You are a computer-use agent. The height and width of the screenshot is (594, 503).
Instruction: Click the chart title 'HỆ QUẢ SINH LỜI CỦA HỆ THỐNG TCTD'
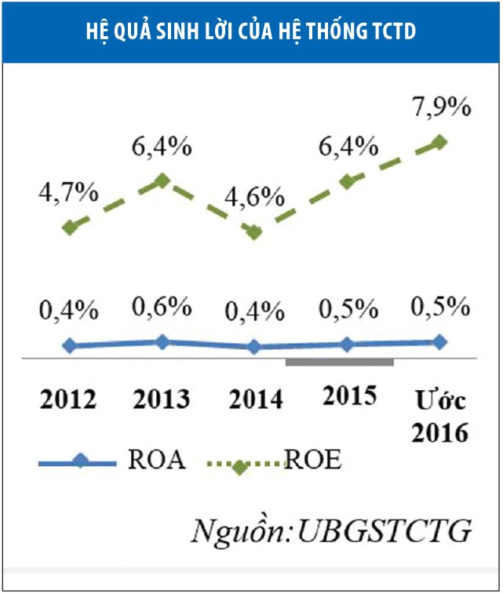point(251,31)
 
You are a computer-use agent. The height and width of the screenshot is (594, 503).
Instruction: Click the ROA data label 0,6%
point(162,305)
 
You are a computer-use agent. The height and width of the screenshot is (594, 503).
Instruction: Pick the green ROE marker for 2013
point(162,180)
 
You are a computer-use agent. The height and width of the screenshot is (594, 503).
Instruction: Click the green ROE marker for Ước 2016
point(439,142)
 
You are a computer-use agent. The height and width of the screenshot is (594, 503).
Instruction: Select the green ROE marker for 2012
point(70,228)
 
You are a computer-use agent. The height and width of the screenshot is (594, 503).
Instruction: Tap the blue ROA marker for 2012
point(70,345)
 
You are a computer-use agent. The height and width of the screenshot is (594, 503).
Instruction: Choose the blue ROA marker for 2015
point(348,344)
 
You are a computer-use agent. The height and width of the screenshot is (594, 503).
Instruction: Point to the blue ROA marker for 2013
point(162,341)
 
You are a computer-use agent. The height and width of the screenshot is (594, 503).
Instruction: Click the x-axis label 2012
point(68,399)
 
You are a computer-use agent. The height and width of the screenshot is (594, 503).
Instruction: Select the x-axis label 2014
point(255,399)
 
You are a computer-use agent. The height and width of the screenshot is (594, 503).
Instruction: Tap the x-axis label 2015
point(349,395)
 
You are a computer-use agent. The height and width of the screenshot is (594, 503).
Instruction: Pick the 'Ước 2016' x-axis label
point(439,416)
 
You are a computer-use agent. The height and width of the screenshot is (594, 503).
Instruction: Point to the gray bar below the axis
point(339,362)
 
